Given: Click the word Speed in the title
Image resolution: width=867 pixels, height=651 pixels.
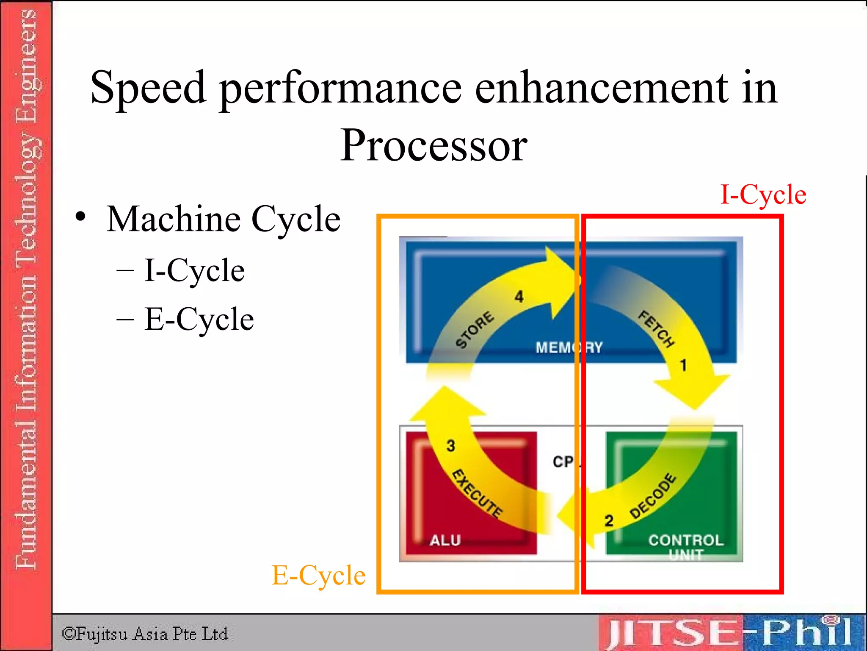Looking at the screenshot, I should coord(148,88).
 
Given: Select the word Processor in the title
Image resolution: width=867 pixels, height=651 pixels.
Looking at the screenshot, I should coord(433,145).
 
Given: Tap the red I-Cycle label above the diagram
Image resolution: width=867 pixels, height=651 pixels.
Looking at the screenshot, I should coord(763,195).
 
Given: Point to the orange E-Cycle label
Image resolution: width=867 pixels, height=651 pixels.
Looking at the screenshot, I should coord(318,576).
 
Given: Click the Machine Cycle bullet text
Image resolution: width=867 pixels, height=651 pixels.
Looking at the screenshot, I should coord(223,219).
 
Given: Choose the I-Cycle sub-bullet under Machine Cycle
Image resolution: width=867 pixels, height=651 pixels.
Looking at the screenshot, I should coord(194,270).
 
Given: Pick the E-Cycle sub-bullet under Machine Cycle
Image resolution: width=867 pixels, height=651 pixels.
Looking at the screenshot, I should coord(199,319).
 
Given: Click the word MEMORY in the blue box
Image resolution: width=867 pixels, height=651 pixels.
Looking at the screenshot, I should coord(569,348).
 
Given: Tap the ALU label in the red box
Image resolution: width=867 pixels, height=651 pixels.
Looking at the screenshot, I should coord(445,540).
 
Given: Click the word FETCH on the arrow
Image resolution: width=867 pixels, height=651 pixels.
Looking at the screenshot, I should coord(657,329).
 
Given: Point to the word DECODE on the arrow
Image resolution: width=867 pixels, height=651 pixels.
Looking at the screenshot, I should coord(653,496).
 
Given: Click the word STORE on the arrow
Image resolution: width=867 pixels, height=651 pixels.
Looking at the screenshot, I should coord(475,330).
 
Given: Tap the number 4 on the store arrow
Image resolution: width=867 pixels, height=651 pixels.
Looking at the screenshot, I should coord(519,297).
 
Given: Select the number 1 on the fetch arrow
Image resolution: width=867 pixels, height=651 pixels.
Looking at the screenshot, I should coord(683,365).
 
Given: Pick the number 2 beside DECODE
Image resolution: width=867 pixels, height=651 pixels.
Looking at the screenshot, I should coord(609,520).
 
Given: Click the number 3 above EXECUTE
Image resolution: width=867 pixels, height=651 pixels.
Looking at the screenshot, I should coord(451,445).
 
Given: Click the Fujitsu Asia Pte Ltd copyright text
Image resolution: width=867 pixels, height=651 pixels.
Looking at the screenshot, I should coord(145,634).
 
